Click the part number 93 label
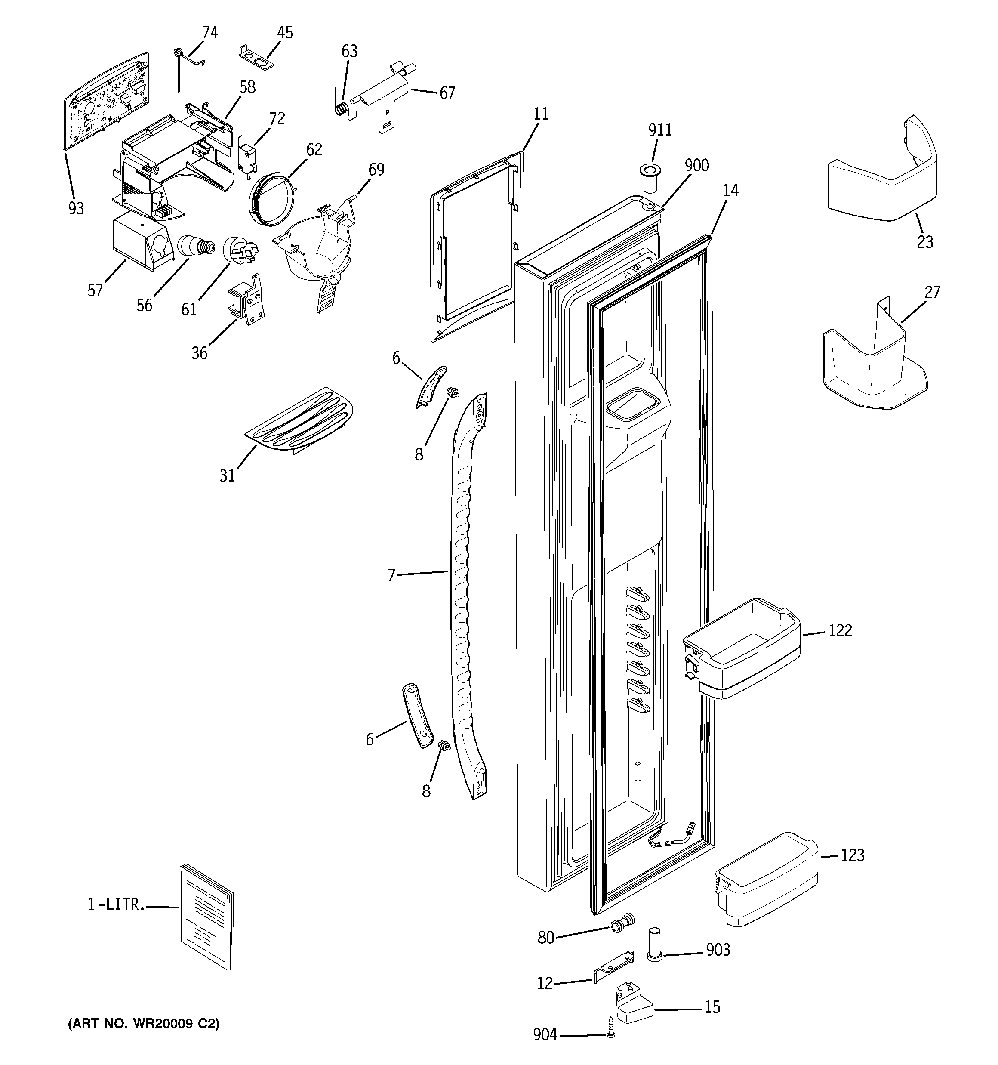click(76, 208)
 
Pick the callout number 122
click(839, 630)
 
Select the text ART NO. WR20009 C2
click(144, 1024)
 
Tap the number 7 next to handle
click(391, 575)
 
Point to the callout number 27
click(933, 292)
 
